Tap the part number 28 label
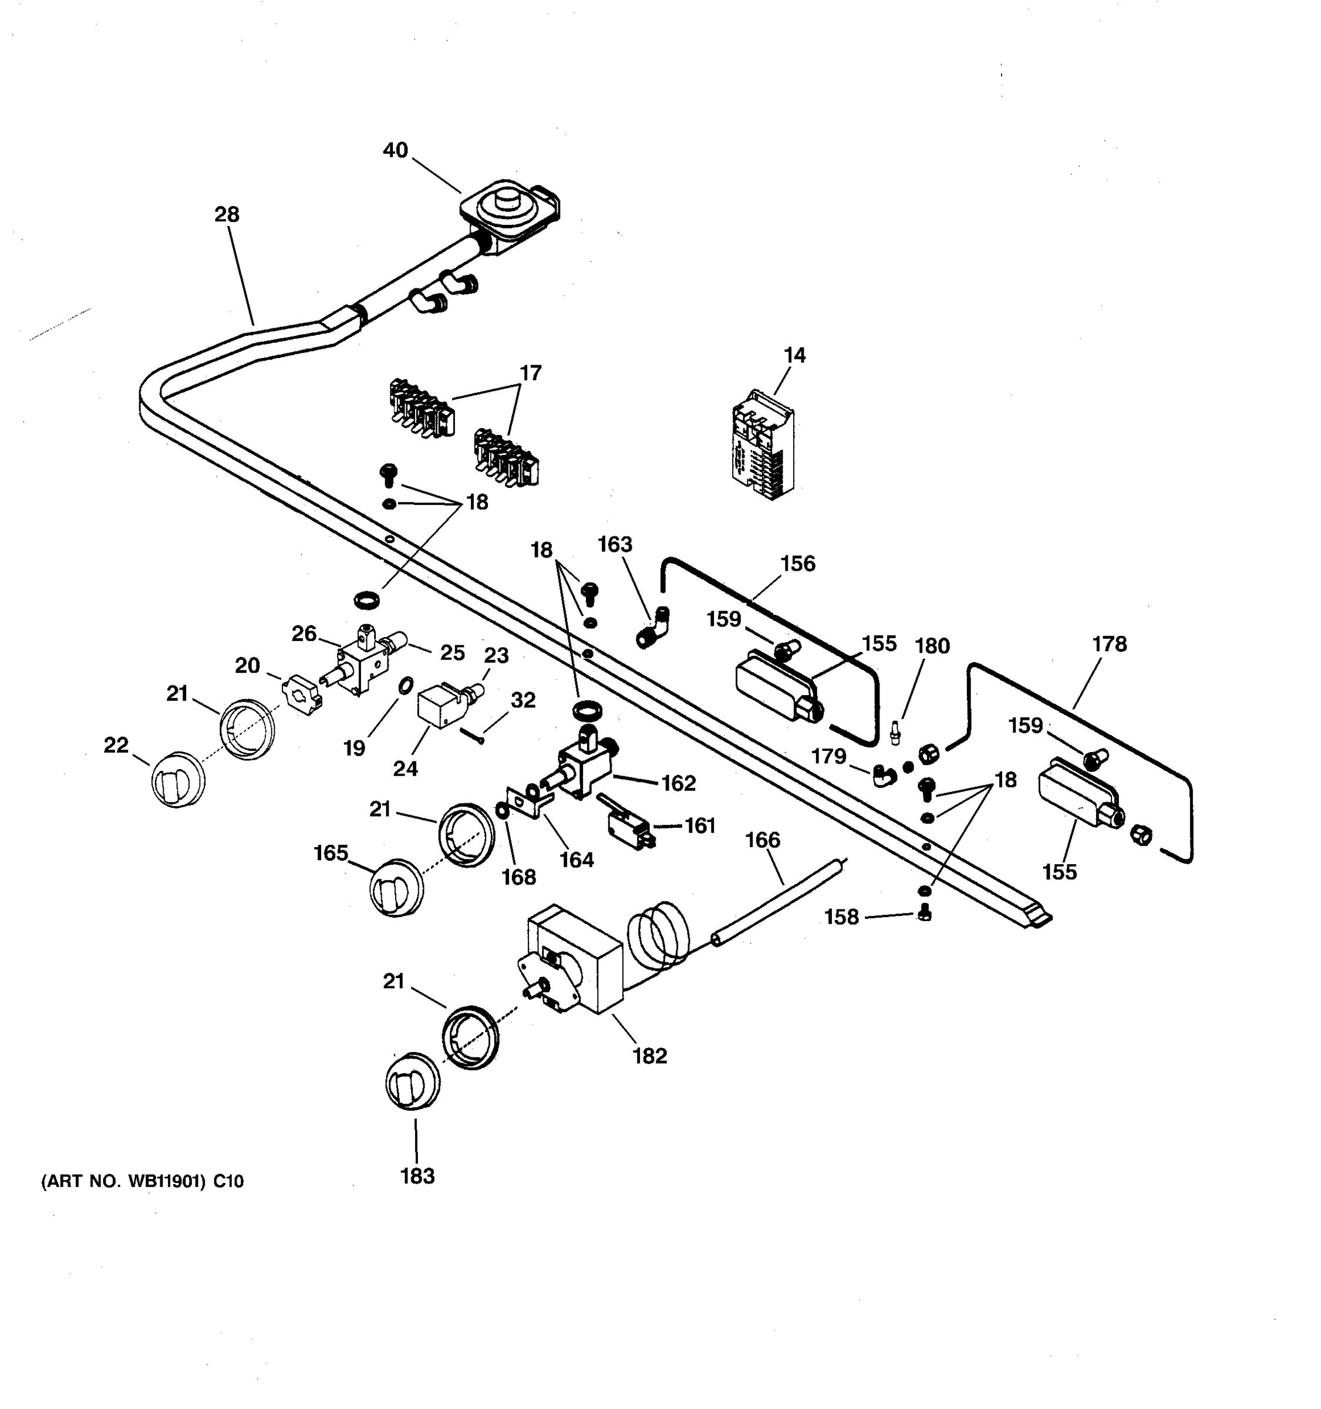pyautogui.click(x=227, y=214)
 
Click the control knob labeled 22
pyautogui.click(x=177, y=781)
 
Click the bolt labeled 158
pyautogui.click(x=924, y=914)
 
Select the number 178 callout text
pyautogui.click(x=1109, y=643)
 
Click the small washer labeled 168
pyautogui.click(x=501, y=810)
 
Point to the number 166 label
pyautogui.click(x=763, y=840)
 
